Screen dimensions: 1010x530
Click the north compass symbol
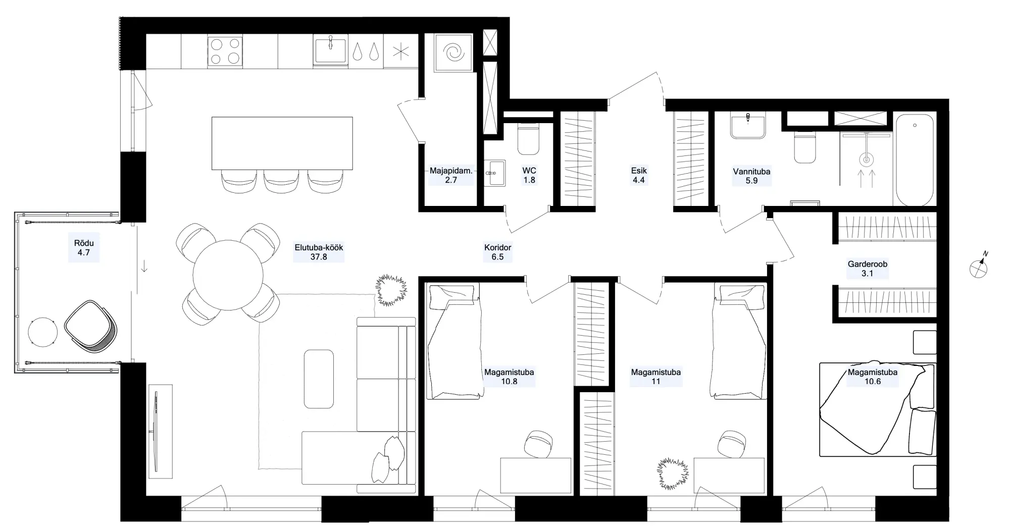coord(979,268)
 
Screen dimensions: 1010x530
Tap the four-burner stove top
coord(225,51)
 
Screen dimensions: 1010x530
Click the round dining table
coord(228,275)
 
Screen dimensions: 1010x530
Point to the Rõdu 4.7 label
coord(84,247)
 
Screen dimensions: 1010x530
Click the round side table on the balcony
coord(43,332)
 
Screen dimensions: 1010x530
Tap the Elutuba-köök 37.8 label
coord(319,252)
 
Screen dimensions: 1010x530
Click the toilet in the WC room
coord(529,139)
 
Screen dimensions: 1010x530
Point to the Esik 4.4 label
coord(639,175)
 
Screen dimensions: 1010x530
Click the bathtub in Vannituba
coord(915,160)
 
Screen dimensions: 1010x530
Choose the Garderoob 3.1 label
coord(868,269)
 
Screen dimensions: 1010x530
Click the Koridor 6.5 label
coord(498,252)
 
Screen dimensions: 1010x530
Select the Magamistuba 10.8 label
coord(509,377)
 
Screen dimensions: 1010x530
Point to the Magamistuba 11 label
coord(655,377)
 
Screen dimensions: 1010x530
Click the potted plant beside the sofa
coord(391,290)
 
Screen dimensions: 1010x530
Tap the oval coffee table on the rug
coord(319,379)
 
